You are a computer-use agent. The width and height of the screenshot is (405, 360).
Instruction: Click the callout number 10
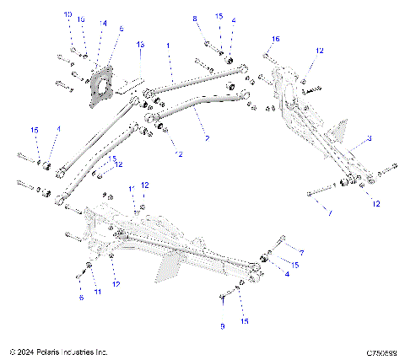[67, 15]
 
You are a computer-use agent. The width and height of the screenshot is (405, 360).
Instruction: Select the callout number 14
[102, 23]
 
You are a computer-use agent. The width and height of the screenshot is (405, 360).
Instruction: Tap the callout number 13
[140, 44]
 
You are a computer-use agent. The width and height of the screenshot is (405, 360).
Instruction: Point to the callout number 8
[194, 19]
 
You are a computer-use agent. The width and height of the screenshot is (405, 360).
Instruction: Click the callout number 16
[275, 40]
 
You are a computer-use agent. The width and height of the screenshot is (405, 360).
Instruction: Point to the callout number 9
[222, 325]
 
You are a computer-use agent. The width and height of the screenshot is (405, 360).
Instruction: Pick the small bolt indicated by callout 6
[79, 273]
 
